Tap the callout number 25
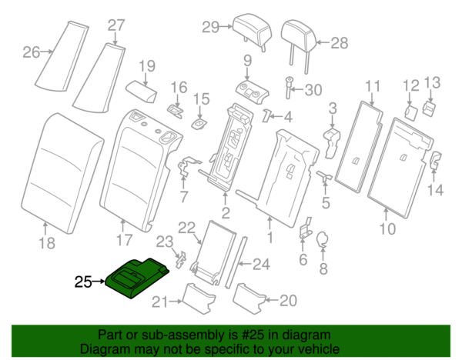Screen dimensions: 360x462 point(83,282)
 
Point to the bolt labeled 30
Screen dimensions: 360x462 point(290,90)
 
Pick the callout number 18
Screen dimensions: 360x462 point(47,244)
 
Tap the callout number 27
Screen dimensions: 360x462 point(115,25)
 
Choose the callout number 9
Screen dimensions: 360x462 point(247,60)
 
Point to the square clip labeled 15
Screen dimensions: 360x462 point(200,122)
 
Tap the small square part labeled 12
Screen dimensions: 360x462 point(411,111)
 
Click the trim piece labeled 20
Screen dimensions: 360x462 point(248,295)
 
